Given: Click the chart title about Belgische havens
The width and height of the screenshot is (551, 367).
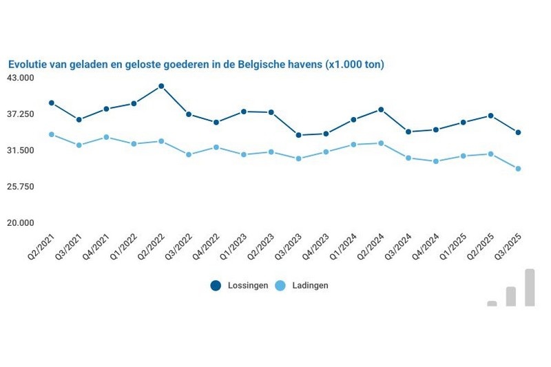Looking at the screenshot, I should coord(196,64).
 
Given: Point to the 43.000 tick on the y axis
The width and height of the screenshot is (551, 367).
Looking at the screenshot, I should coord(20,78).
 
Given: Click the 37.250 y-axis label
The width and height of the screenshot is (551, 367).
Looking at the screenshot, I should coord(20,114).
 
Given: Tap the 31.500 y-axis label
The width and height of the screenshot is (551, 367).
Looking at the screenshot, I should coord(20,151).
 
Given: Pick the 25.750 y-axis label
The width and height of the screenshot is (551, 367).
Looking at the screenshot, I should coord(20,187).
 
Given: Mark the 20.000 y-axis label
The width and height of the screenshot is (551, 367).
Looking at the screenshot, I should coord(20,223).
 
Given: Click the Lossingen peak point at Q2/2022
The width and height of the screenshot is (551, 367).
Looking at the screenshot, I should coord(161,86).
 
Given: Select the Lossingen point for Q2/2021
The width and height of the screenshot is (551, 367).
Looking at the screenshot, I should coord(52,103).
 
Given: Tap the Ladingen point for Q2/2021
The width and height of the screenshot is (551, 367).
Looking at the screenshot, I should coord(52,134).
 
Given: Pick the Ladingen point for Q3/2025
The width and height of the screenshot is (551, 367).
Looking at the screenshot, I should coord(518,169).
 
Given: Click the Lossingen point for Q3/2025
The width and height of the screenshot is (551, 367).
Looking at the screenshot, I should coord(518,132).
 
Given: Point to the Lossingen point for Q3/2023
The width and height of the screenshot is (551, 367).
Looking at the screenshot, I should coord(298,135).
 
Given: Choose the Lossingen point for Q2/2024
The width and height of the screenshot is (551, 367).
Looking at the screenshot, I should coord(381,109).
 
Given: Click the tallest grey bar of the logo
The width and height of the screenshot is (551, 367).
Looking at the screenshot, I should coord(530,287).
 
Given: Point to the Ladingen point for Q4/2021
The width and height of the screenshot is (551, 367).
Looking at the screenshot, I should coord(106,137).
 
